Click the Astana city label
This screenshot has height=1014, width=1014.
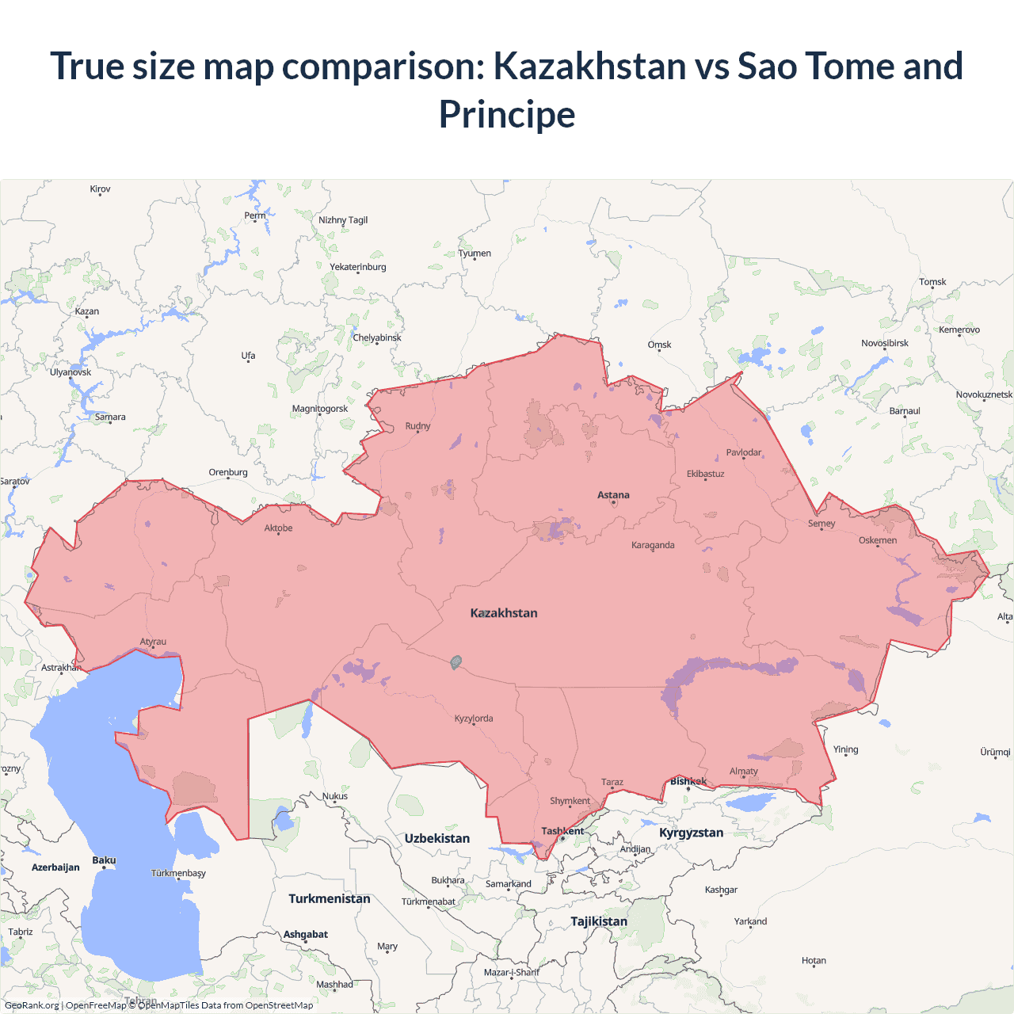click(613, 495)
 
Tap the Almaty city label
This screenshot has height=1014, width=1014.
click(743, 771)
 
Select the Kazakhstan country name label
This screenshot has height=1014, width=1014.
click(504, 613)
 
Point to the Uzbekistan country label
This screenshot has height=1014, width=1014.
click(436, 838)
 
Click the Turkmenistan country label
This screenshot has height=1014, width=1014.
click(330, 898)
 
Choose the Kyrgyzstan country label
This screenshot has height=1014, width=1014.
click(691, 833)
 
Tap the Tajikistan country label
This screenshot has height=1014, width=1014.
click(599, 921)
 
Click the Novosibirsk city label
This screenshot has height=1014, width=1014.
click(885, 343)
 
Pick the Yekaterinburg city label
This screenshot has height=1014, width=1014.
click(358, 267)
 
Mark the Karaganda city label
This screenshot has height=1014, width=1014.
click(653, 545)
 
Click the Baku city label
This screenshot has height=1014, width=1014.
click(104, 860)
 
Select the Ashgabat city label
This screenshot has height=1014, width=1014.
click(306, 935)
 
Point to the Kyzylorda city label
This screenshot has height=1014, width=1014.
click(474, 719)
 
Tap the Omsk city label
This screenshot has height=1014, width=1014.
click(659, 345)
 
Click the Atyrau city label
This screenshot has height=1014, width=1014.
click(153, 642)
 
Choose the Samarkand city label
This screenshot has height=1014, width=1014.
click(509, 884)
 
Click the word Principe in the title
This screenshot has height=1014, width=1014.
click(507, 114)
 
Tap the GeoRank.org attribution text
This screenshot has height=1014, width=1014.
click(32, 1005)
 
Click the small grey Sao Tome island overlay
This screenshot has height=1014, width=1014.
click(456, 662)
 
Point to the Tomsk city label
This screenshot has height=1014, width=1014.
click(932, 282)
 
